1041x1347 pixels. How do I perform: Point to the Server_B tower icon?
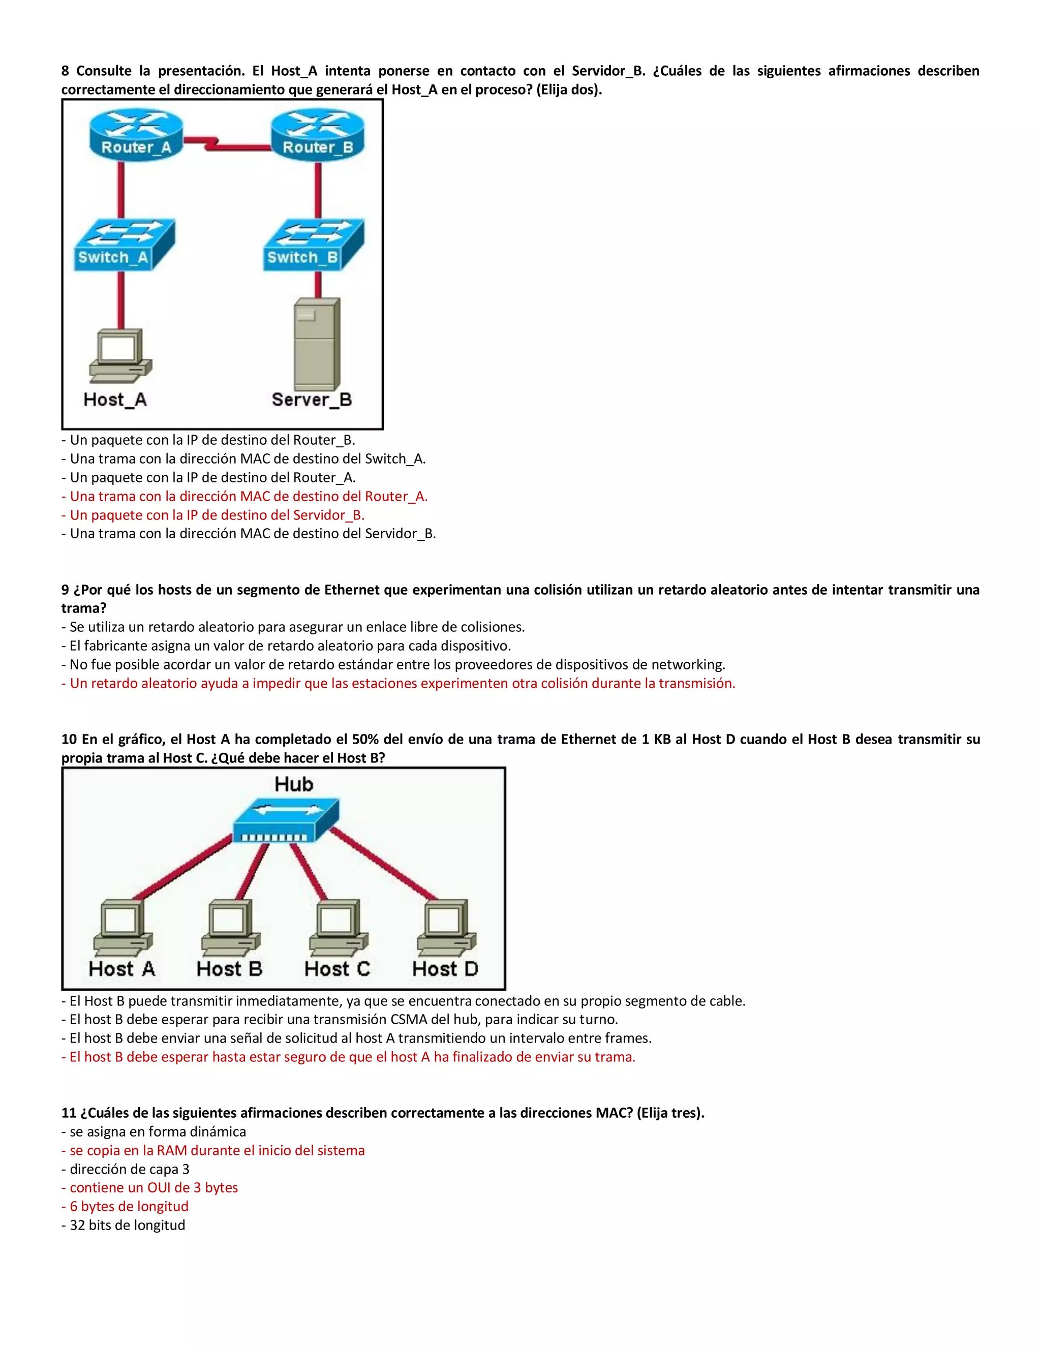(x=316, y=343)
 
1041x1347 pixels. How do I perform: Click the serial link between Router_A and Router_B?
(x=226, y=144)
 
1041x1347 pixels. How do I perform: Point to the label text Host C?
(x=336, y=969)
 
